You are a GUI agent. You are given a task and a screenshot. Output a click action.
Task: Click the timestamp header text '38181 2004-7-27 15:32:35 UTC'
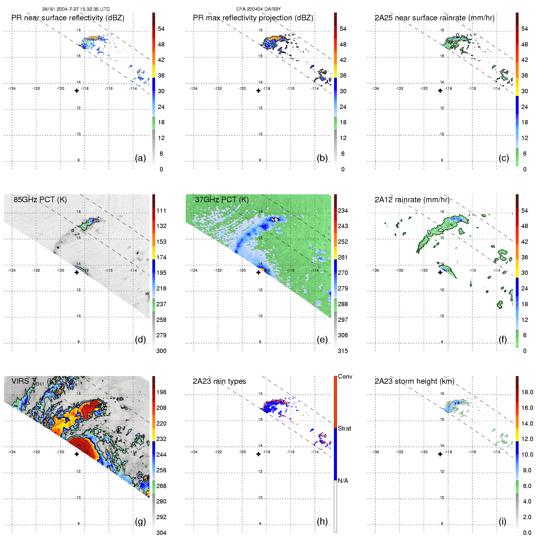pos(76,9)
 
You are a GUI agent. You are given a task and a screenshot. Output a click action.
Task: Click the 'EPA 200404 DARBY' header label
pos(258,9)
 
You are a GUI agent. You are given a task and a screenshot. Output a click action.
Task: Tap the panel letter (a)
pos(140,158)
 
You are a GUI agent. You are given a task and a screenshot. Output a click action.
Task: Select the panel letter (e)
pos(322,339)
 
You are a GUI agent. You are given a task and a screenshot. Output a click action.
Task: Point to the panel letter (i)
pos(503,521)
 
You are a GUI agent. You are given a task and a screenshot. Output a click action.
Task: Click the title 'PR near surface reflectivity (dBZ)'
pos(68,18)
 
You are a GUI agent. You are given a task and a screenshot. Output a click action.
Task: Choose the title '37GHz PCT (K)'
pos(222,200)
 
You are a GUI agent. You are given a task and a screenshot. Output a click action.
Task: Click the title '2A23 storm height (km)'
pos(415,381)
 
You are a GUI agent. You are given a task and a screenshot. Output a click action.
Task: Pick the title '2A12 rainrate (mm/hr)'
pos(412,200)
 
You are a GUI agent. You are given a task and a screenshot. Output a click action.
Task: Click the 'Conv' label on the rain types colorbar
pos(345,377)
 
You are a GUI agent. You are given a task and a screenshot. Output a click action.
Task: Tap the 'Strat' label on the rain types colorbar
pos(344,429)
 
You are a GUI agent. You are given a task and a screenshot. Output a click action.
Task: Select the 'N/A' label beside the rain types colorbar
pos(343,481)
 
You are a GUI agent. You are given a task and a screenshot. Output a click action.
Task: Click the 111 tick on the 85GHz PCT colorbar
pos(161,211)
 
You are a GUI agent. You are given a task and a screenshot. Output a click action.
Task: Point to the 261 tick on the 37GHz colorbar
pos(343,258)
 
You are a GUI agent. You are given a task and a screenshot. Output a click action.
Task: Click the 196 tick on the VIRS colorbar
pos(161,392)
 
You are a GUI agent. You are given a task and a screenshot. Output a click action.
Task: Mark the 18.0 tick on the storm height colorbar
pos(527,392)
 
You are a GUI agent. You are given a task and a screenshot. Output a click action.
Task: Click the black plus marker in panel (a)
pos(77,91)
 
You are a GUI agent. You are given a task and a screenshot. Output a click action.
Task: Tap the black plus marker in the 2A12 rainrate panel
pos(440,272)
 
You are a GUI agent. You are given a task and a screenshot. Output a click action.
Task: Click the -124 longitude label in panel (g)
pos(12,452)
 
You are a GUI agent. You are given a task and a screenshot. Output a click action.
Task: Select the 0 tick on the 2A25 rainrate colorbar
pos(525,169)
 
